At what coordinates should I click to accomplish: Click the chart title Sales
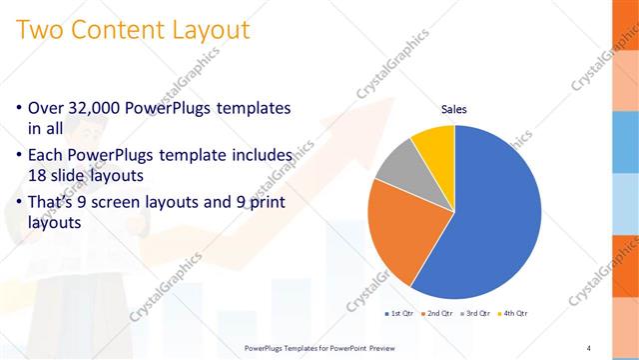click(x=454, y=109)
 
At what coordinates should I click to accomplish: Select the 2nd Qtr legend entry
click(x=437, y=313)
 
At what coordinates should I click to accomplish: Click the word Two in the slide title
click(x=40, y=30)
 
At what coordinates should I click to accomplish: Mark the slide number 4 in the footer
click(x=589, y=348)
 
